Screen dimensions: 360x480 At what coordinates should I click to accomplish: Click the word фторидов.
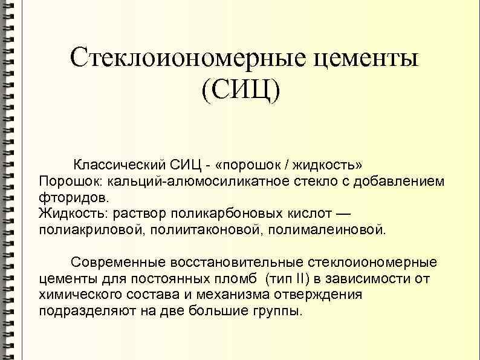click(x=74, y=197)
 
